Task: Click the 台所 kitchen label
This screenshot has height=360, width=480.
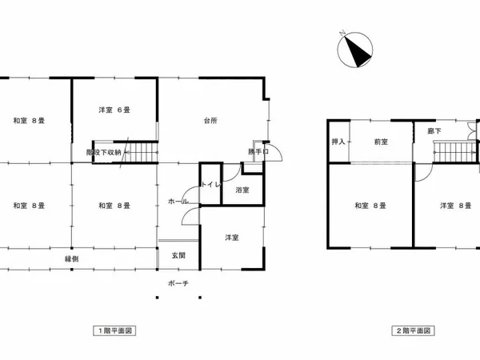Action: (210, 121)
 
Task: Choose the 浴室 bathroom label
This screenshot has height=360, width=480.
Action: (242, 190)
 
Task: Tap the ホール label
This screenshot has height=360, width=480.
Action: (178, 202)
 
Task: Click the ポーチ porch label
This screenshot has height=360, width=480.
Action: (178, 284)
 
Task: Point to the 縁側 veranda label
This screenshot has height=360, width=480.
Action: (71, 259)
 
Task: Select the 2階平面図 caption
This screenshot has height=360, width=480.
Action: (412, 330)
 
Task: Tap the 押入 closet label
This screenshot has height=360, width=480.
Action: (338, 142)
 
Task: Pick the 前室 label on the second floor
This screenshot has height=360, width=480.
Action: (381, 142)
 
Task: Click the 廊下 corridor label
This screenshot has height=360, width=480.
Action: (434, 130)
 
